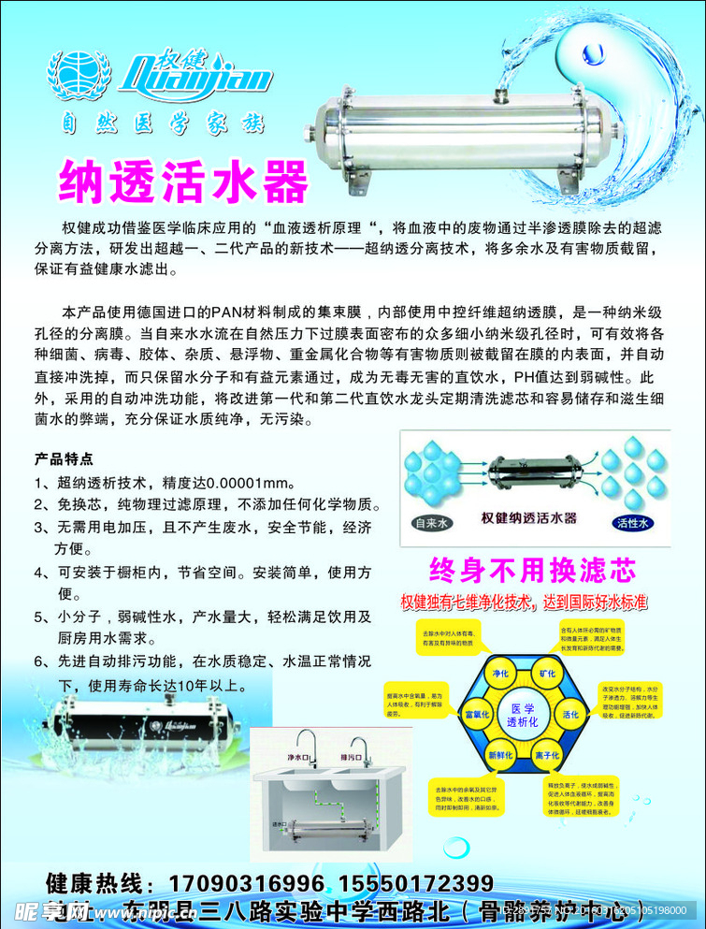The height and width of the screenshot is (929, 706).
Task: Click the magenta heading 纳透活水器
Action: click(183, 180)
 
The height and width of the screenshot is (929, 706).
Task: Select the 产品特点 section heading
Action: click(64, 459)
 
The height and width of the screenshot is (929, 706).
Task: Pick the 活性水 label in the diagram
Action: click(633, 522)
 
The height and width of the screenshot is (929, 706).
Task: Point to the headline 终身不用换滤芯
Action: click(531, 570)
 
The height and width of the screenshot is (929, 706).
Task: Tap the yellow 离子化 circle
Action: click(547, 755)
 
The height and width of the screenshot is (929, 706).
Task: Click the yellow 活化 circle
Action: click(570, 715)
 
